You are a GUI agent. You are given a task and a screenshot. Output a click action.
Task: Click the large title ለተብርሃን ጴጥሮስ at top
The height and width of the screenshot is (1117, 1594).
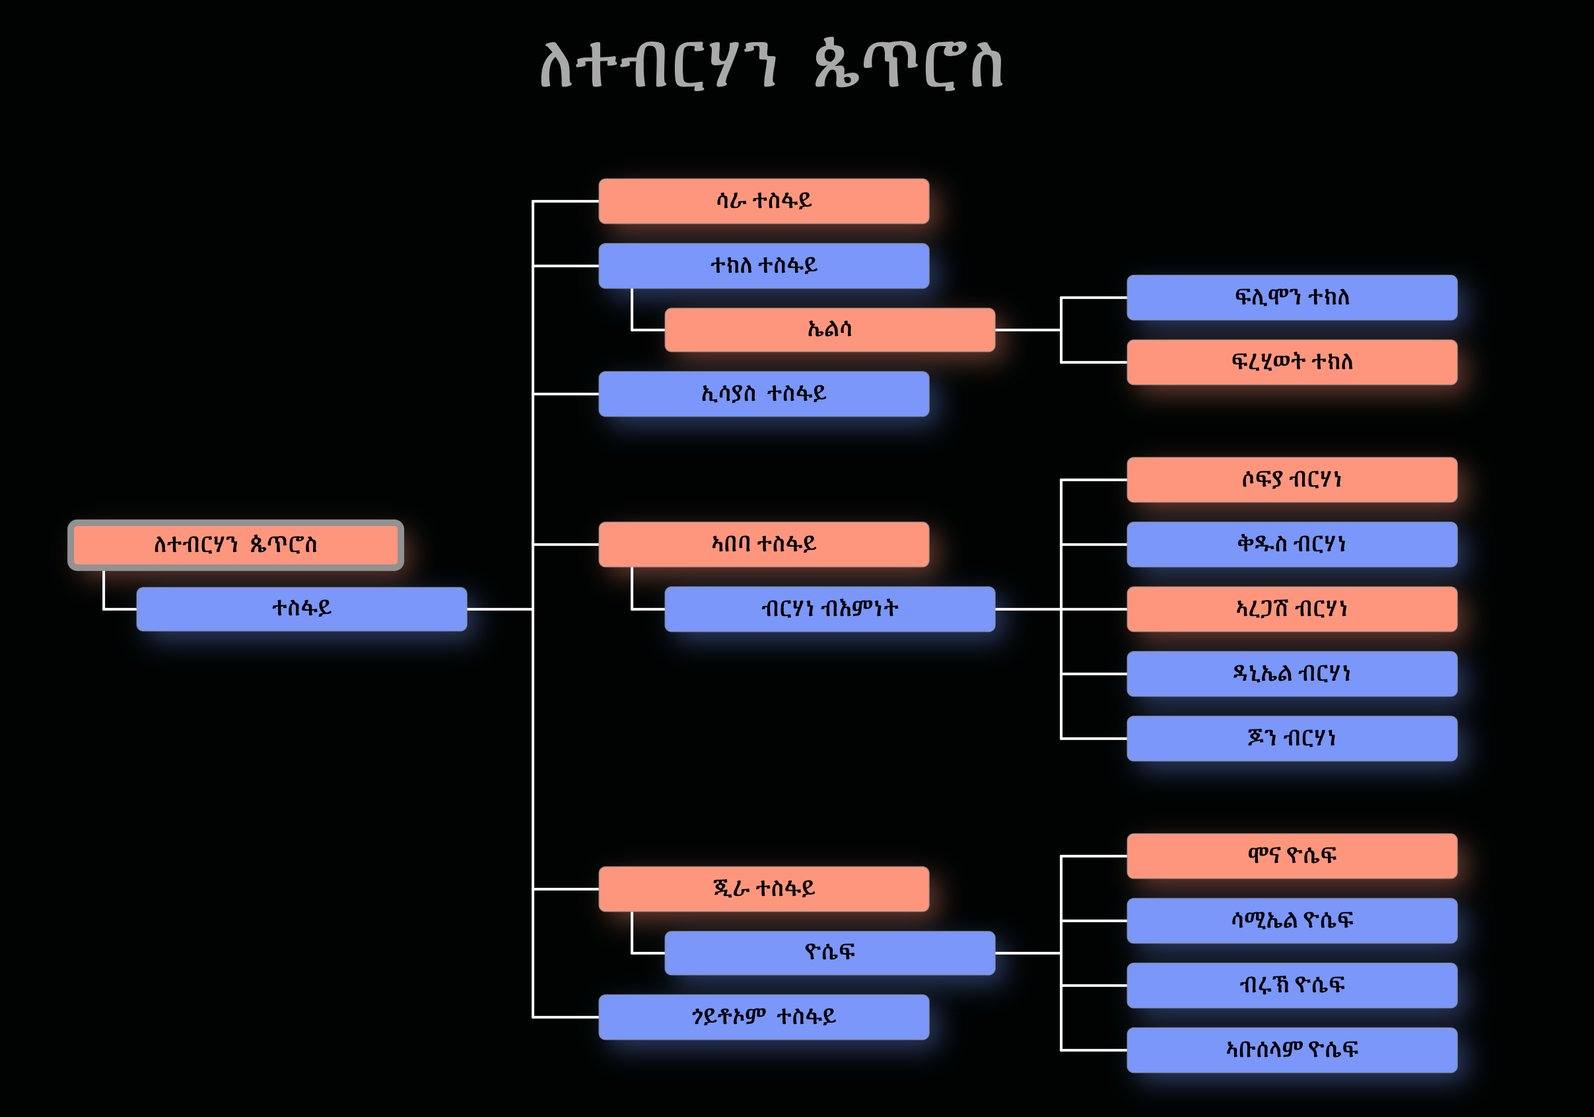pyautogui.click(x=771, y=65)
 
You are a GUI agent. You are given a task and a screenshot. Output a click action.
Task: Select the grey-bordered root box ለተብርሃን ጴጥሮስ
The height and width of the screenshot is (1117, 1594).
pyautogui.click(x=235, y=545)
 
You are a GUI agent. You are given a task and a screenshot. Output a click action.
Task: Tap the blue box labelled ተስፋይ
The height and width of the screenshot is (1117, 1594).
pyautogui.click(x=301, y=609)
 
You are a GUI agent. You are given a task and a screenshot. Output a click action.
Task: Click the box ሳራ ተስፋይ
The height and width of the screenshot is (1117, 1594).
pyautogui.click(x=764, y=201)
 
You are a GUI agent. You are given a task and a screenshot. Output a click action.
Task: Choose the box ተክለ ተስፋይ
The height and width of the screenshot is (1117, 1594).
pyautogui.click(x=764, y=266)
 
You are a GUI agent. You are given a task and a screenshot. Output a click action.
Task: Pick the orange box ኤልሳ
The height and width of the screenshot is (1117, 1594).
pyautogui.click(x=829, y=330)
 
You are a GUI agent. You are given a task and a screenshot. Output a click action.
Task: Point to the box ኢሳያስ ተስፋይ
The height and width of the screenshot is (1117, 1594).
pyautogui.click(x=764, y=394)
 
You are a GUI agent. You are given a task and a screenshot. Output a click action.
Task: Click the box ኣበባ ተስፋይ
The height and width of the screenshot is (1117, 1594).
pyautogui.click(x=764, y=544)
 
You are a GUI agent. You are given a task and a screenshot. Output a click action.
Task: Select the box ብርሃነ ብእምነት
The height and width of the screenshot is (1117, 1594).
pyautogui.click(x=829, y=609)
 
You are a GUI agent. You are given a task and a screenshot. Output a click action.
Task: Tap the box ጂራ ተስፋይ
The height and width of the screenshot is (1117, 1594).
pyautogui.click(x=764, y=889)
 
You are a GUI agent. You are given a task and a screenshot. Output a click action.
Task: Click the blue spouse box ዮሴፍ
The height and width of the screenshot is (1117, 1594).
pyautogui.click(x=829, y=953)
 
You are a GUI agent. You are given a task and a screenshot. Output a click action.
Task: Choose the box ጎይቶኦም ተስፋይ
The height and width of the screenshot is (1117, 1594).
pyautogui.click(x=764, y=1017)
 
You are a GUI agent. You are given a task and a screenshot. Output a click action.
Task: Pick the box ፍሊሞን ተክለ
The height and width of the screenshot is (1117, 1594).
pyautogui.click(x=1292, y=298)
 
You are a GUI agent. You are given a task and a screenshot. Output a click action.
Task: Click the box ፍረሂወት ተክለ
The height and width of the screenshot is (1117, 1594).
pyautogui.click(x=1292, y=362)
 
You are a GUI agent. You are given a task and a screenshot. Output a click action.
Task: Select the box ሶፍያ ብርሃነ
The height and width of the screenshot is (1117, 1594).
pyautogui.click(x=1292, y=480)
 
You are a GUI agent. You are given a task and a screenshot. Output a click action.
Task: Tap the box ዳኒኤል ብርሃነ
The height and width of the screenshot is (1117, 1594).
pyautogui.click(x=1292, y=673)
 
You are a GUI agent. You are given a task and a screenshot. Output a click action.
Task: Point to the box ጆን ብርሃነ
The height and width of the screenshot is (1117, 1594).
pyautogui.click(x=1292, y=738)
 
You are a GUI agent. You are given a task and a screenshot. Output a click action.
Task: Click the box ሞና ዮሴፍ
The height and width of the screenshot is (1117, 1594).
pyautogui.click(x=1292, y=856)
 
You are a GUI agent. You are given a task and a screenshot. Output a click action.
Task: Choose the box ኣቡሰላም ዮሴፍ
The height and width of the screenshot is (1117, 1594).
pyautogui.click(x=1292, y=1050)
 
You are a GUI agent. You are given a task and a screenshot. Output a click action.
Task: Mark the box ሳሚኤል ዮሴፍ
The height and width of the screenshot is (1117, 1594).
pyautogui.click(x=1292, y=920)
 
